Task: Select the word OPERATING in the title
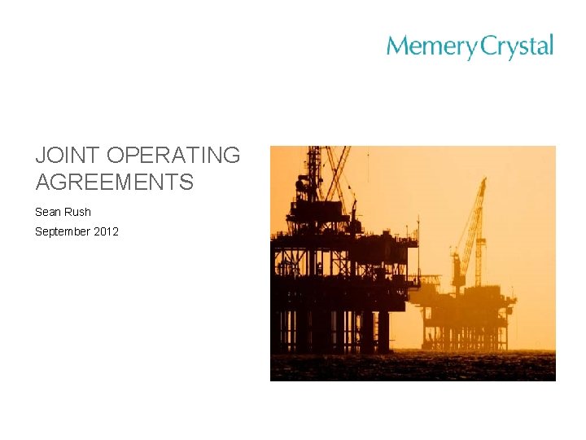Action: (173, 156)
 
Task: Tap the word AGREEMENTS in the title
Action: (114, 182)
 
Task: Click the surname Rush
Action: (79, 212)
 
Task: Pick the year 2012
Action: (106, 231)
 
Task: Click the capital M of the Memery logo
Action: (396, 46)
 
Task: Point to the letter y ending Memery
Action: (471, 50)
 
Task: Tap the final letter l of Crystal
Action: (551, 45)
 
